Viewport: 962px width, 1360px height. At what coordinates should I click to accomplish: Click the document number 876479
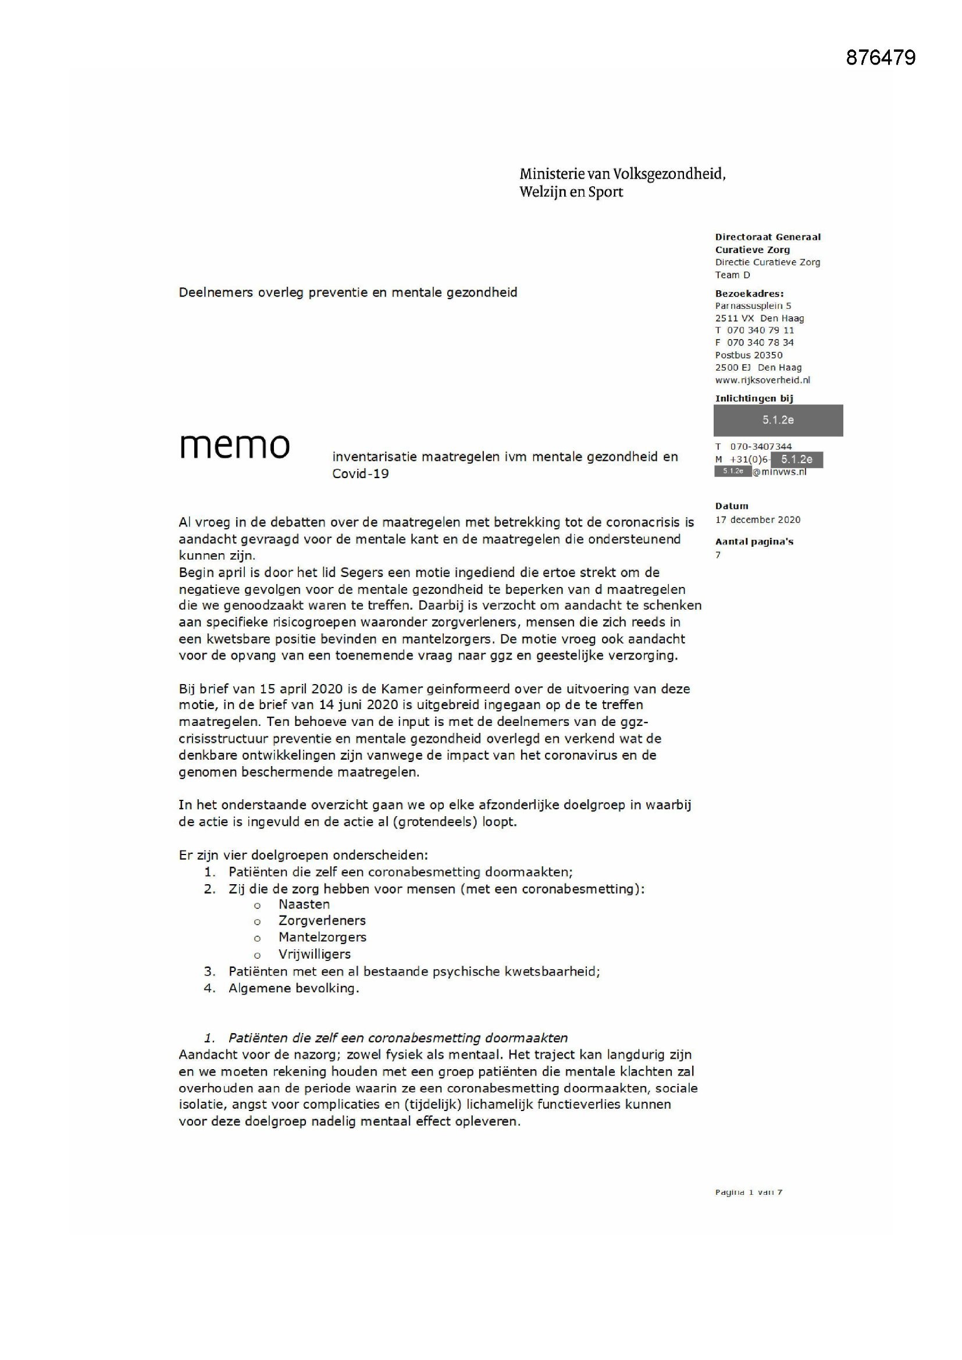tap(880, 58)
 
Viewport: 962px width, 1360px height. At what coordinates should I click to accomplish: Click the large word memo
tap(234, 446)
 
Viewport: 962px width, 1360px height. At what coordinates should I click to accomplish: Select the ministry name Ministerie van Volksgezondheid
tap(622, 173)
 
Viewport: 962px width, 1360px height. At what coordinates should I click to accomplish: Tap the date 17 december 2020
tap(758, 519)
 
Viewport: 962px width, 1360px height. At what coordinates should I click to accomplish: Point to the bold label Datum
tap(732, 506)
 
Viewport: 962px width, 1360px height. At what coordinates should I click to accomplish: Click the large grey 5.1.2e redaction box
tap(778, 420)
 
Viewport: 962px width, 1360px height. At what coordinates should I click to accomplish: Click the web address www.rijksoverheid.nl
tap(763, 380)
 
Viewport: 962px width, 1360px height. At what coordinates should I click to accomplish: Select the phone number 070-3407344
tap(761, 446)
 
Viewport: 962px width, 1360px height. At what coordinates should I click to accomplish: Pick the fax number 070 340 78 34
tap(760, 343)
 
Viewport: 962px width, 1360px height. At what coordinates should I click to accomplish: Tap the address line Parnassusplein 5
tap(753, 305)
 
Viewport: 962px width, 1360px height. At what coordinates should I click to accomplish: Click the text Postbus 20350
tap(749, 355)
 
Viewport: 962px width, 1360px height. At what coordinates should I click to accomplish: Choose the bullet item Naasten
tap(304, 904)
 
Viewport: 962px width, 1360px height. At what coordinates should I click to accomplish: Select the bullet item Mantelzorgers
tap(322, 937)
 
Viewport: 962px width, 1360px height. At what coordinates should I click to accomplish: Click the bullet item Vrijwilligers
tap(315, 953)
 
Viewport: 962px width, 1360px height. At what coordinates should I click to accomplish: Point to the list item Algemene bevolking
tap(294, 988)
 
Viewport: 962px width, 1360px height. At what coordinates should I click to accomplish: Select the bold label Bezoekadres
tap(749, 293)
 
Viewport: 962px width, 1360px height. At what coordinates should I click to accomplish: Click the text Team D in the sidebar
tap(732, 275)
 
